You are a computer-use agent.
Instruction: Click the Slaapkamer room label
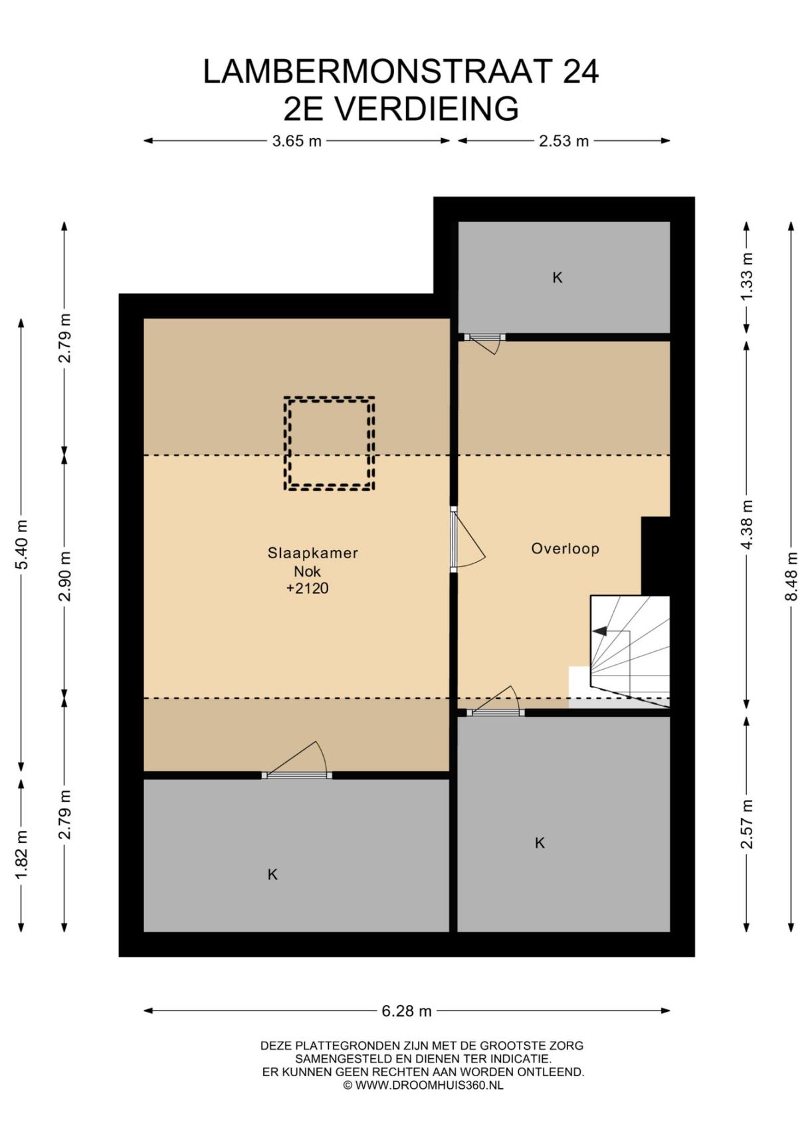pyautogui.click(x=312, y=553)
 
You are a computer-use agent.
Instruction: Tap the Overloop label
pyautogui.click(x=565, y=549)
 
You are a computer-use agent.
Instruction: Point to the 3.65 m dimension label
pyautogui.click(x=297, y=141)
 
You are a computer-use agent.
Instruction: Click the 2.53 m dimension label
pyautogui.click(x=564, y=141)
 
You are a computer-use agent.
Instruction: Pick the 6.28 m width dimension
pyautogui.click(x=407, y=1011)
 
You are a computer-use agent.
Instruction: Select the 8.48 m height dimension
pyautogui.click(x=791, y=577)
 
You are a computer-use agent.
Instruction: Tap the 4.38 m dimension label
pyautogui.click(x=747, y=525)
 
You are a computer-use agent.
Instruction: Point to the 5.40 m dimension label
pyautogui.click(x=21, y=544)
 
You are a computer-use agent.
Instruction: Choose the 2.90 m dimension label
pyautogui.click(x=64, y=577)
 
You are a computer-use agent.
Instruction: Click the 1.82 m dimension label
pyautogui.click(x=21, y=854)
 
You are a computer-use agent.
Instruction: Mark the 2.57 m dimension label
pyautogui.click(x=747, y=824)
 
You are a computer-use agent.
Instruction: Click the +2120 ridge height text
pyautogui.click(x=307, y=589)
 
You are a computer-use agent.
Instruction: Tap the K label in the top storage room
pyautogui.click(x=558, y=278)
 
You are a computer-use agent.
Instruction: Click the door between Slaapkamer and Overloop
pyautogui.click(x=465, y=539)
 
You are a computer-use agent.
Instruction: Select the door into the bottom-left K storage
pyautogui.click(x=297, y=763)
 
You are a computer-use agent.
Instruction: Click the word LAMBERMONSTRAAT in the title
pyautogui.click(x=377, y=72)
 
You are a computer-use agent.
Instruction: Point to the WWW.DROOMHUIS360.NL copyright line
pyautogui.click(x=423, y=1086)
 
